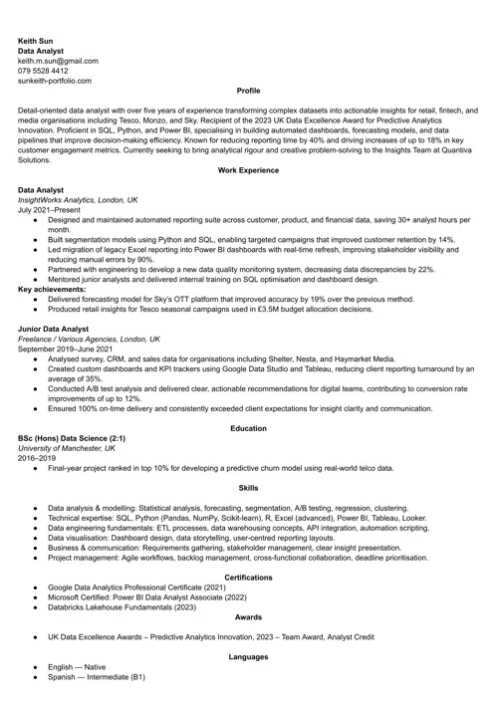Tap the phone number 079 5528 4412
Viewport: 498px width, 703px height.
(x=43, y=71)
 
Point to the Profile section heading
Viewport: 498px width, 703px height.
(x=248, y=91)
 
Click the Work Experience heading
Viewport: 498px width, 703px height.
(x=248, y=170)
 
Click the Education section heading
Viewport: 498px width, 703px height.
(x=248, y=428)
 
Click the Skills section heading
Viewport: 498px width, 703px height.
(x=248, y=488)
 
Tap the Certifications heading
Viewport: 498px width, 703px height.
(x=248, y=578)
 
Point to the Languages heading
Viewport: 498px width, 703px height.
(x=248, y=657)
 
